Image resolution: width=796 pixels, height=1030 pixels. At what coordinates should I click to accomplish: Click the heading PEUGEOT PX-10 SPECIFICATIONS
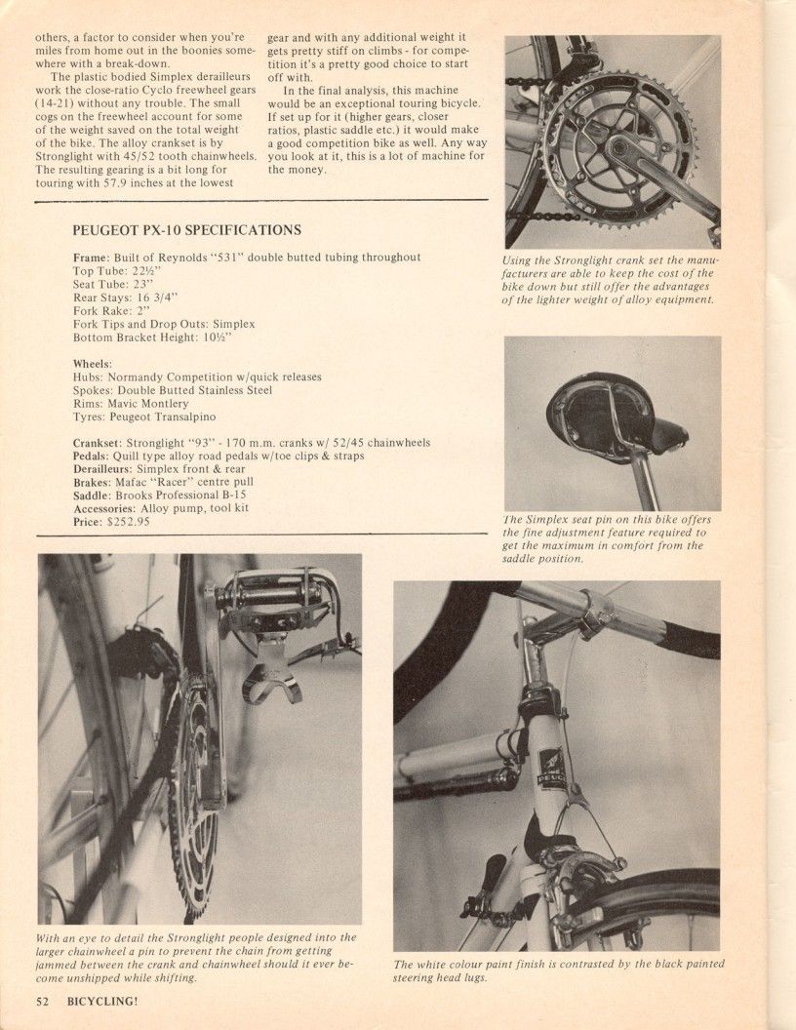tap(187, 231)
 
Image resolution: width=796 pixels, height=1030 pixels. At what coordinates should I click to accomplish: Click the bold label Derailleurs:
tap(108, 469)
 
